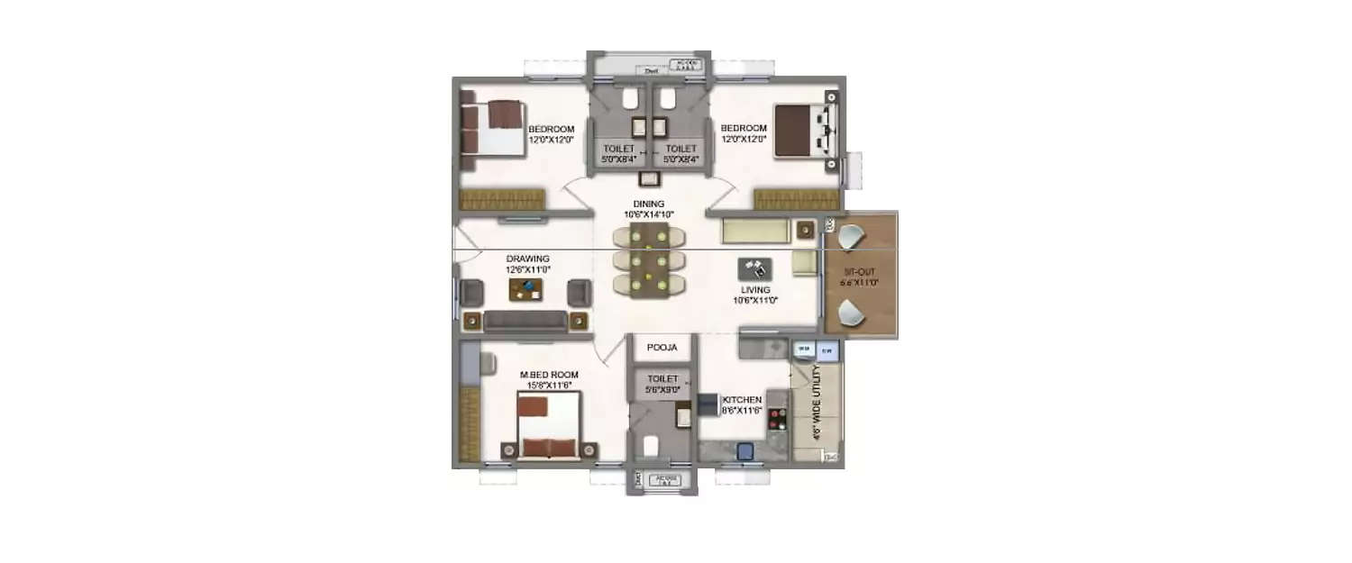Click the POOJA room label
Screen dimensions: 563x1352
(x=661, y=347)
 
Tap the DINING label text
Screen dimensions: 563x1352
(x=648, y=204)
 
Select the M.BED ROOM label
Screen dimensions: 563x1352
(x=549, y=375)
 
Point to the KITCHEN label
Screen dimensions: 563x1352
(x=742, y=400)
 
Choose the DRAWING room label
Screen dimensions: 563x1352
(x=527, y=259)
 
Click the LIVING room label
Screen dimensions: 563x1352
(x=755, y=290)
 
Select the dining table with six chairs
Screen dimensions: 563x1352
(x=648, y=261)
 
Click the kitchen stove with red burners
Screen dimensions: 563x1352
(x=776, y=421)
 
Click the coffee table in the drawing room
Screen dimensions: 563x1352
(x=526, y=290)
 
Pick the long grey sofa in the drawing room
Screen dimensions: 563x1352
(x=525, y=321)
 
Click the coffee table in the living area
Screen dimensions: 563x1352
(x=754, y=268)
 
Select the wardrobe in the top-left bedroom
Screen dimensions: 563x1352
(x=502, y=199)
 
